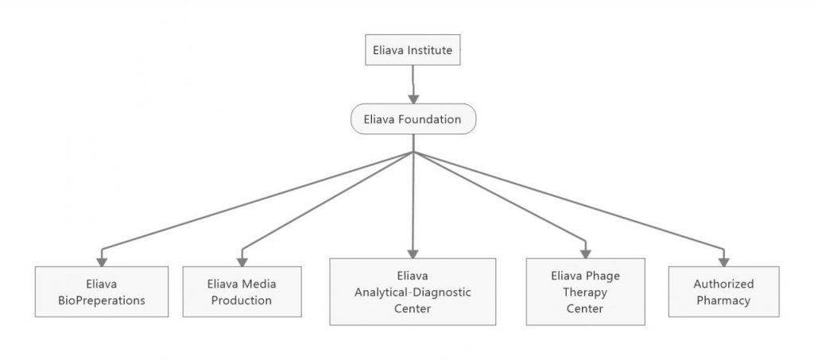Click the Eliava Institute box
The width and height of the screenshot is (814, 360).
coord(413,50)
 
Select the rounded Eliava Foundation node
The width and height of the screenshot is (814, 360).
coord(413,120)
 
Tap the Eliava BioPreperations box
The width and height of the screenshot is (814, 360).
coord(102,292)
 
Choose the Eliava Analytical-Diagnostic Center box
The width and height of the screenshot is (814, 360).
coord(413,292)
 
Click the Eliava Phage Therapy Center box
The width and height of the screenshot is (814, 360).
coord(586,292)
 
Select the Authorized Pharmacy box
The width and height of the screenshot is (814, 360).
coord(723,292)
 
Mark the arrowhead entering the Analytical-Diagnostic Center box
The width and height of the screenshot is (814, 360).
coord(413,251)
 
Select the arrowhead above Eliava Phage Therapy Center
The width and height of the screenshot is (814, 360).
coord(586,251)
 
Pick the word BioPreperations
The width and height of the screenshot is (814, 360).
coord(102,300)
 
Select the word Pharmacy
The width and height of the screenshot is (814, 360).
coord(723,300)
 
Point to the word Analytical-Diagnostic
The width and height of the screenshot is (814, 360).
coord(413,292)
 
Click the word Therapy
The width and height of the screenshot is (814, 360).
coord(586,292)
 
